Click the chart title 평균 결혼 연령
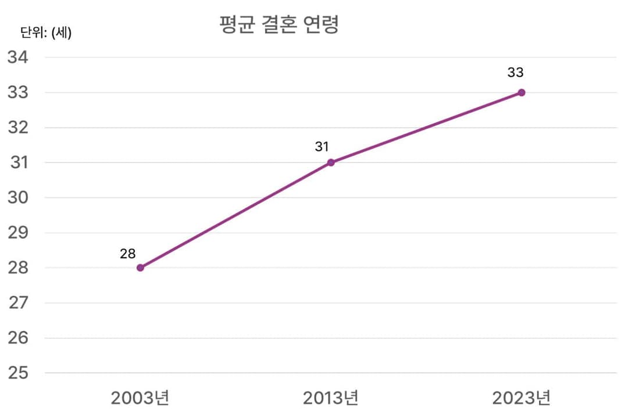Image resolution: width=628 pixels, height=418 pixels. coord(279,25)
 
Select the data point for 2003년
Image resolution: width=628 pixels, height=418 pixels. coord(140,268)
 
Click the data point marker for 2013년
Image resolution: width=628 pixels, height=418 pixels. coord(331,163)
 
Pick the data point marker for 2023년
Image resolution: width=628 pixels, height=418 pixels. coord(522,92)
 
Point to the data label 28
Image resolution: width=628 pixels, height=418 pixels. coord(128,254)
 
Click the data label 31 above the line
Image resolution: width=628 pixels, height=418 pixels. coord(322,147)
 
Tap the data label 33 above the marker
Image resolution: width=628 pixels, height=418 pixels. coord(515,73)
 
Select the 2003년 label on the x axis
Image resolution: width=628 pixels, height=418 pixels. coord(140,398)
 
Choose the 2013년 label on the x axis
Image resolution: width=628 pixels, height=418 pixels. coord(331,398)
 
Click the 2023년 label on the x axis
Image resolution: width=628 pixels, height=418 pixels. coord(521,398)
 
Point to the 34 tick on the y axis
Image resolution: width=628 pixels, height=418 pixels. coord(17,57)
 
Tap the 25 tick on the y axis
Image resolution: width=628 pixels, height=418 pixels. coord(17,373)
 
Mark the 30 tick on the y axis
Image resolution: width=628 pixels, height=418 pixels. coord(17,197)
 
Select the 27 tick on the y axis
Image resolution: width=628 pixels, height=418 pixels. coord(17,303)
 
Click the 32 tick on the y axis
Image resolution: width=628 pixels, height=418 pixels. coord(17,128)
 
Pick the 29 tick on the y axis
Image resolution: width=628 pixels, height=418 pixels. coord(17,233)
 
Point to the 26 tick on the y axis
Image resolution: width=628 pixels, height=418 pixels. coord(17,338)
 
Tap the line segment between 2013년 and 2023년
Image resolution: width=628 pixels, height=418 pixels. coord(426,128)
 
